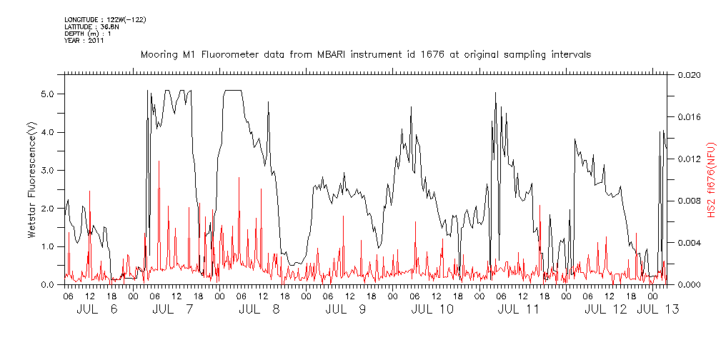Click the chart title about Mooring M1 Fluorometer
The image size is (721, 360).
(x=365, y=55)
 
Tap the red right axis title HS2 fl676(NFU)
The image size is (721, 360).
(x=712, y=179)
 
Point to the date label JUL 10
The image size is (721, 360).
(x=432, y=309)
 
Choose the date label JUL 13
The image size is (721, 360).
(x=657, y=309)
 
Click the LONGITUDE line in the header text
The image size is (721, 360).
(x=105, y=19)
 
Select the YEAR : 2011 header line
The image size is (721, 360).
(x=84, y=41)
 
